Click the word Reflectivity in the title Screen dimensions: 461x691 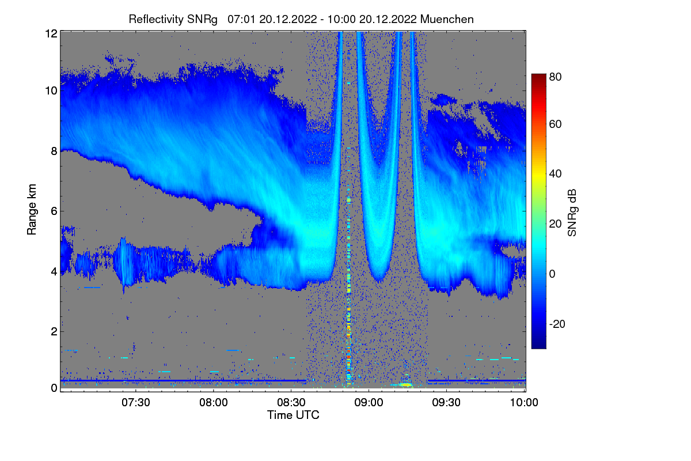[x=154, y=19]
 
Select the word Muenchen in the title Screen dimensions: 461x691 [x=447, y=19]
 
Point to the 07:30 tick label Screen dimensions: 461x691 [x=135, y=403]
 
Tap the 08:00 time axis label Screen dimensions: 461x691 [x=213, y=403]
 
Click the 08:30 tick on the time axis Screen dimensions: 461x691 [x=291, y=403]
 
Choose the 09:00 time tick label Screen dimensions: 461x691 [x=369, y=403]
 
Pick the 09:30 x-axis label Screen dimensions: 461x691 [x=446, y=403]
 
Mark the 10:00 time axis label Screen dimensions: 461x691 [x=524, y=403]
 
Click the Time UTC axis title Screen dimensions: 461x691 [x=293, y=415]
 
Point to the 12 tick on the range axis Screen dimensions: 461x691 [x=51, y=33]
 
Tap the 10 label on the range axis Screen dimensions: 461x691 [x=51, y=91]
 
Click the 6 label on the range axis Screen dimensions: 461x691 [x=54, y=211]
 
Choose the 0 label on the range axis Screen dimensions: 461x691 [x=54, y=388]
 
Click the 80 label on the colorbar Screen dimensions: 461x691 [x=556, y=76]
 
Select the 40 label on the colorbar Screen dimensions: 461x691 [x=556, y=173]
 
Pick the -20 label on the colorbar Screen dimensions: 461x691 [x=557, y=324]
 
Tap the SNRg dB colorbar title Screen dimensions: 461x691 [x=572, y=211]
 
